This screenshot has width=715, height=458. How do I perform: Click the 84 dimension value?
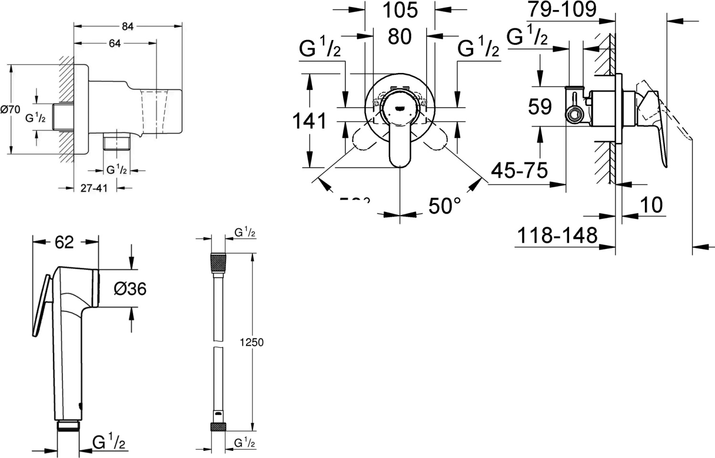127,27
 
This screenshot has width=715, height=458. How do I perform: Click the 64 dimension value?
115,43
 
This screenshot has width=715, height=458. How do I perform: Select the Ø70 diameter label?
10,110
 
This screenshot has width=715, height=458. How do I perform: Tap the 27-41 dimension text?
94,188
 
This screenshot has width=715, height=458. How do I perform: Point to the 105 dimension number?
400,10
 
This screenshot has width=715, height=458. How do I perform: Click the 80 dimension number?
399,37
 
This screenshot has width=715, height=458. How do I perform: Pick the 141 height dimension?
309,121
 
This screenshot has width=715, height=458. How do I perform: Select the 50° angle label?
445,206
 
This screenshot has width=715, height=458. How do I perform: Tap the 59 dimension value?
540,107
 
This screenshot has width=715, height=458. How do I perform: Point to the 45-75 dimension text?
520,170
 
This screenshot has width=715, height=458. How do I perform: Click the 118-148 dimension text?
557,235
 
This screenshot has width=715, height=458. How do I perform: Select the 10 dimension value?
651,205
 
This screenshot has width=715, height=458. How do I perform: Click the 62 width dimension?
64,242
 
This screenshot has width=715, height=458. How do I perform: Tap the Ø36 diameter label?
130,288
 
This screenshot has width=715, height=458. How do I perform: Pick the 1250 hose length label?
251,342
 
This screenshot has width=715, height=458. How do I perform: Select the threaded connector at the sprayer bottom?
69,425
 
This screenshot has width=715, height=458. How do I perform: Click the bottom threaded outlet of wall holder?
117,142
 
